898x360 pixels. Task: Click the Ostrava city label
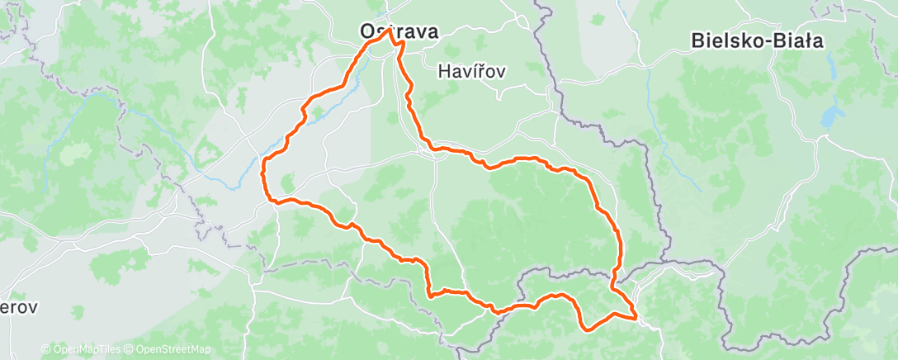tap(399, 31)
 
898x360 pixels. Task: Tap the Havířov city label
tap(472, 72)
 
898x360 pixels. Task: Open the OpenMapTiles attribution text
tap(87, 349)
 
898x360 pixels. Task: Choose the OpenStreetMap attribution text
tap(173, 349)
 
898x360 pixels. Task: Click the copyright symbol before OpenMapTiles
tap(46, 349)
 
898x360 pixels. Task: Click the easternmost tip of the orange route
tap(636, 316)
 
